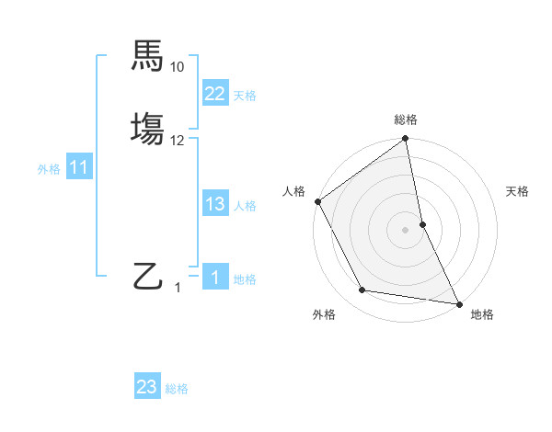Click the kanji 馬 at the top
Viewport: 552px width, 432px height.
click(148, 56)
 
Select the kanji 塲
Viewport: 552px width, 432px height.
click(148, 128)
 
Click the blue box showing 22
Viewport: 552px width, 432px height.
click(214, 94)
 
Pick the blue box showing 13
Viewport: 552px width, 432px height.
click(214, 205)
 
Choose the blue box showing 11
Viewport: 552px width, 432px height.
click(78, 168)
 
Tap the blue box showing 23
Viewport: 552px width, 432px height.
click(147, 388)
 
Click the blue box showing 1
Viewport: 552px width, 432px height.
click(214, 278)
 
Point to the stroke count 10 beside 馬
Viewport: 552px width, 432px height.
click(178, 67)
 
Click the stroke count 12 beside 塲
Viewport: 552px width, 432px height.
click(178, 141)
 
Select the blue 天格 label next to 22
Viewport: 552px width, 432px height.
click(245, 96)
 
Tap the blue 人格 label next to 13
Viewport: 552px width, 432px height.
click(245, 206)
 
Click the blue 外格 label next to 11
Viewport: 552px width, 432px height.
click(49, 169)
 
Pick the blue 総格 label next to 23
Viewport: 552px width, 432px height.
click(177, 389)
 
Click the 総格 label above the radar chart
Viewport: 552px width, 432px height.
click(406, 119)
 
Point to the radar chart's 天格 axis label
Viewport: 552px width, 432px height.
click(518, 191)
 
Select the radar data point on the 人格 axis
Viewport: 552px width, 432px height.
click(318, 201)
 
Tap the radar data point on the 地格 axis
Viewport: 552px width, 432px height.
click(459, 302)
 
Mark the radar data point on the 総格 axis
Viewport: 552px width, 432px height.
click(406, 140)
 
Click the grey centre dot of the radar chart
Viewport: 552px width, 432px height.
click(406, 229)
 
